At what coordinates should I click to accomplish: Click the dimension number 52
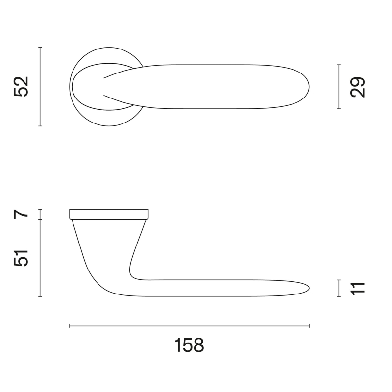coord(22,87)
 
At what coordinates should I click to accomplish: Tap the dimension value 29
coord(358,87)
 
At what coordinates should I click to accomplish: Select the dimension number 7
coord(22,214)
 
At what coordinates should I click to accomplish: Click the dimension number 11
coord(358,288)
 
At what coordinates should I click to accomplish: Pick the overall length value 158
coord(189,345)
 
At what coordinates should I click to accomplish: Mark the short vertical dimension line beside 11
coord(339,288)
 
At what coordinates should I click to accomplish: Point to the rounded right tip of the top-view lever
coord(309,87)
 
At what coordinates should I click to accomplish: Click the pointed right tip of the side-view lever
coord(309,288)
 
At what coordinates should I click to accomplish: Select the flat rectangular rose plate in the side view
coord(109,214)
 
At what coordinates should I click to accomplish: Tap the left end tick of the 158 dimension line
coord(70,326)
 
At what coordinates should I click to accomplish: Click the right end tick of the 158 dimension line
coord(309,326)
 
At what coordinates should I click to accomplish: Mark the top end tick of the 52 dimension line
coord(40,48)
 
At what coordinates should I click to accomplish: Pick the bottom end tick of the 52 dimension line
coord(40,126)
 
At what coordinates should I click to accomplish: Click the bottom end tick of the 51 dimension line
coord(40,296)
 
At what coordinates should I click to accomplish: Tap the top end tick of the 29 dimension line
coord(339,65)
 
